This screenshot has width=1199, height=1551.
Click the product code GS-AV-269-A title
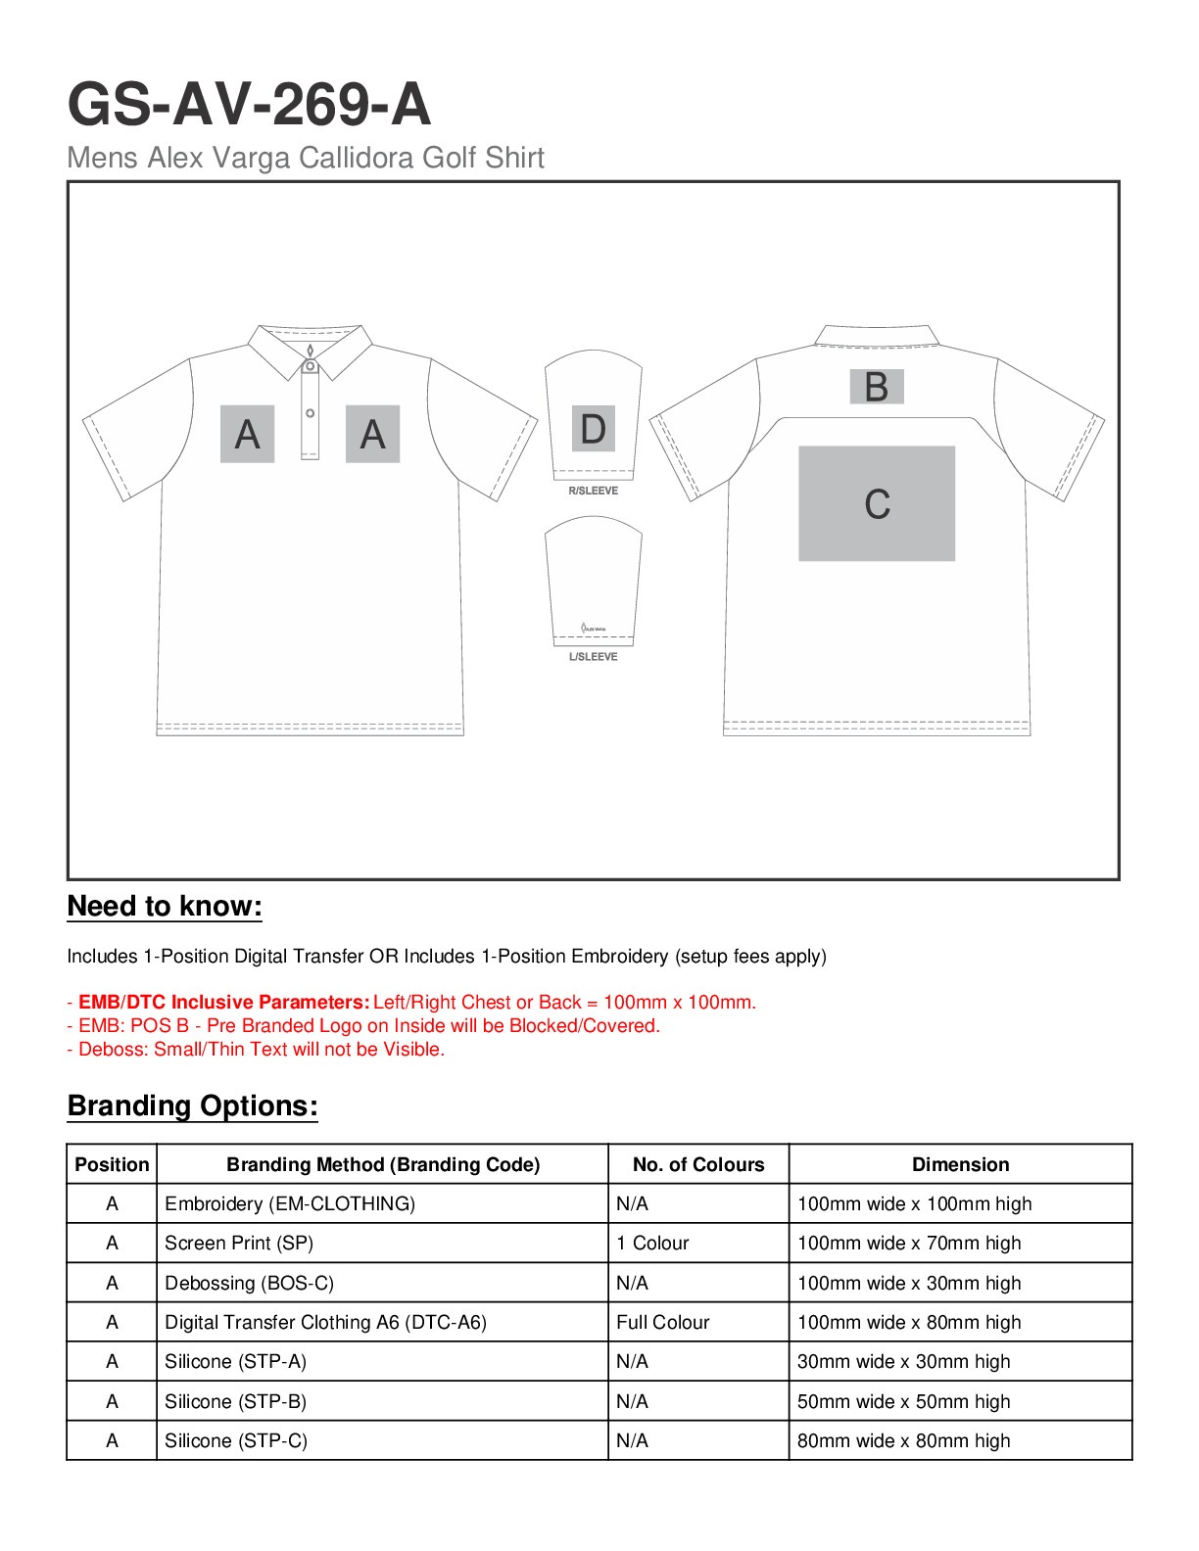pyautogui.click(x=249, y=105)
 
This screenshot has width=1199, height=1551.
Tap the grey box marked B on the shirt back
pyautogui.click(x=876, y=387)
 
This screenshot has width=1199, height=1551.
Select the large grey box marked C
pyautogui.click(x=877, y=503)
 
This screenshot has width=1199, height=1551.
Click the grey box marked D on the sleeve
pyautogui.click(x=593, y=429)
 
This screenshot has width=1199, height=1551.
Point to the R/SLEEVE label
pyautogui.click(x=593, y=491)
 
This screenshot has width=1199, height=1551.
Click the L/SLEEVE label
pyautogui.click(x=593, y=657)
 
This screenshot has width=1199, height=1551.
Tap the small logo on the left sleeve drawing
pyautogui.click(x=593, y=628)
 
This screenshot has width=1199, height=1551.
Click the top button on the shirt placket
pyautogui.click(x=310, y=367)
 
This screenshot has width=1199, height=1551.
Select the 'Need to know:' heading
pyautogui.click(x=165, y=907)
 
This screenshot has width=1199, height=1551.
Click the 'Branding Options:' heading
pyautogui.click(x=192, y=1106)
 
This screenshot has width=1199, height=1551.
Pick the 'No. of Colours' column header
pyautogui.click(x=698, y=1164)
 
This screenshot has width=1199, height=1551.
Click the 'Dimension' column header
pyautogui.click(x=960, y=1164)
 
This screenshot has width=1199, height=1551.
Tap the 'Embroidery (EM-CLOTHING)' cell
pyautogui.click(x=290, y=1203)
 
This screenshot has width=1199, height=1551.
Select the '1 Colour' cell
pyautogui.click(x=652, y=1244)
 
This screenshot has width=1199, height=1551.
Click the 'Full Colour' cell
pyautogui.click(x=662, y=1322)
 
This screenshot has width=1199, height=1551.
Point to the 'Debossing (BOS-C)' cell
pyautogui.click(x=249, y=1283)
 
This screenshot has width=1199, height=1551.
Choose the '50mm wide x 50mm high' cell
pyautogui.click(x=903, y=1401)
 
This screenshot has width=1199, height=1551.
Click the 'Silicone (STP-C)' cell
pyautogui.click(x=236, y=1440)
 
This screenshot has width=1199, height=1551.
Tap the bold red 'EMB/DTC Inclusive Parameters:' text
pyautogui.click(x=224, y=1003)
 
